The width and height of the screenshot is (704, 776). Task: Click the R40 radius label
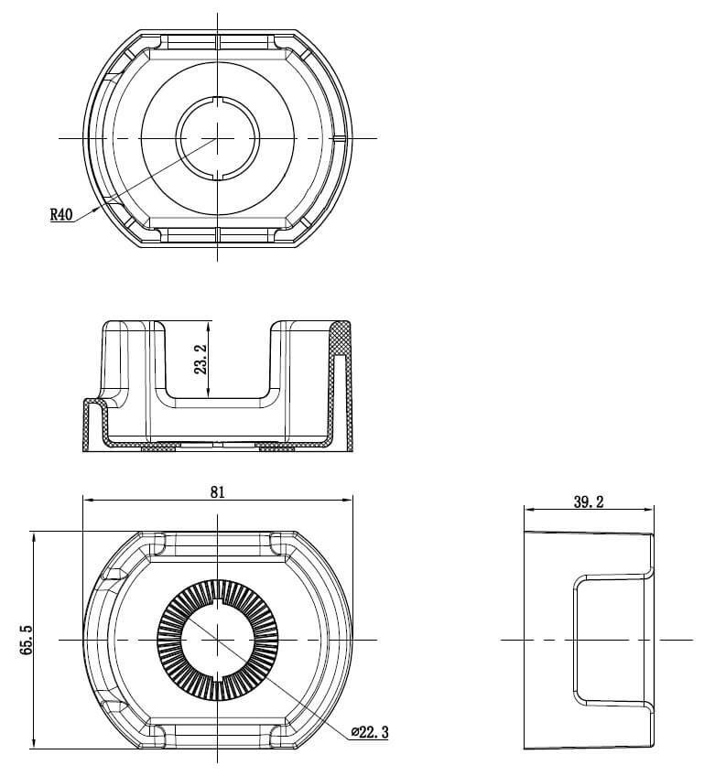tap(60, 215)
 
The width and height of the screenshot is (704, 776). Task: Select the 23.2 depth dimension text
tap(200, 359)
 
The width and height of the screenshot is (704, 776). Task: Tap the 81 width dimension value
tap(217, 491)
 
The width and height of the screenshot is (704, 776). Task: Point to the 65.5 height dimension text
tap(26, 639)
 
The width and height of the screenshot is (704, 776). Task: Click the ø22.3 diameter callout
tap(370, 733)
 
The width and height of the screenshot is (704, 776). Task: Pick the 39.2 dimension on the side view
tap(588, 501)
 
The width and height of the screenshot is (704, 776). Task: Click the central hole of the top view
tap(217, 138)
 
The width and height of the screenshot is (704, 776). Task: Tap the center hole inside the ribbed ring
tap(217, 638)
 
